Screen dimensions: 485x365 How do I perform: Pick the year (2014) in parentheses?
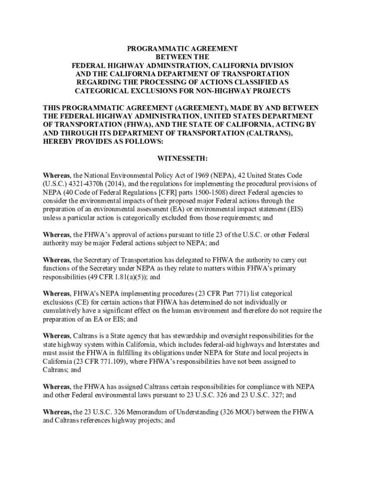[x=112, y=184]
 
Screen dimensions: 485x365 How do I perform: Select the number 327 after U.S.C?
[x=275, y=395]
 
